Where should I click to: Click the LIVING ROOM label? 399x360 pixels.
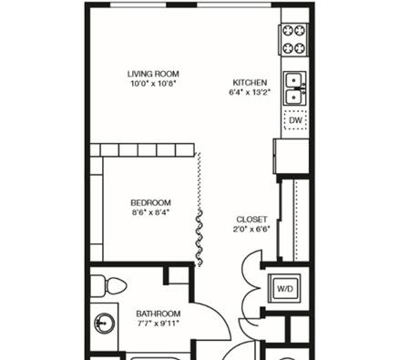[x=153, y=74]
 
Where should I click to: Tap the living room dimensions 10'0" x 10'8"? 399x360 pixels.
[x=153, y=84]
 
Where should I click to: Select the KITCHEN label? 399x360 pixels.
[x=250, y=83]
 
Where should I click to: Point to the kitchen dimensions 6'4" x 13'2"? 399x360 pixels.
[x=250, y=92]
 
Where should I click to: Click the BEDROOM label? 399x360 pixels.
[x=150, y=202]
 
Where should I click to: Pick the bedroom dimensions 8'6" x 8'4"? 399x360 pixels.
[x=150, y=212]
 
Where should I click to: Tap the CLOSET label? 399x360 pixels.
[x=251, y=220]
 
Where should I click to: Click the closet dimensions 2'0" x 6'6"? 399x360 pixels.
[x=251, y=229]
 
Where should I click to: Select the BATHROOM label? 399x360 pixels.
[x=159, y=314]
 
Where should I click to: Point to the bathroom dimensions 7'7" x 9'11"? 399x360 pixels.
[x=158, y=324]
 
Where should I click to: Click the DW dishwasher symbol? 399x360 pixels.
[x=295, y=120]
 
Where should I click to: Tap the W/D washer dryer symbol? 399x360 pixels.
[x=285, y=289]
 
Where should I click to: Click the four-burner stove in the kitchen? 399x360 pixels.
[x=293, y=39]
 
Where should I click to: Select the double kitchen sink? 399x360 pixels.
[x=294, y=88]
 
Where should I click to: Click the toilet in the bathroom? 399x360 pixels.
[x=108, y=285]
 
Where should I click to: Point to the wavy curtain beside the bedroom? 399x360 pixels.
[x=199, y=239]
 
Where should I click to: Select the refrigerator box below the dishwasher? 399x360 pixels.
[x=292, y=157]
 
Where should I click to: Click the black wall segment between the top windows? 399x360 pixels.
[x=181, y=5]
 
